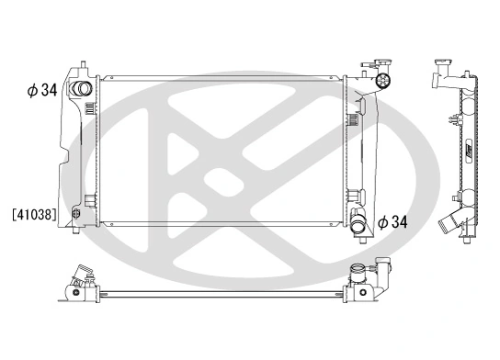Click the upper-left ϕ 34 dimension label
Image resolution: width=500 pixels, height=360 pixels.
tap(42, 90)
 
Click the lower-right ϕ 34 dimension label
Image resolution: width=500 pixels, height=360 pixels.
tap(391, 221)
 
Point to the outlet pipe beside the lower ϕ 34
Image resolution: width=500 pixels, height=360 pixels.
tap(360, 221)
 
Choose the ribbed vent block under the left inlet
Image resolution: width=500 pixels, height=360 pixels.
tap(89, 109)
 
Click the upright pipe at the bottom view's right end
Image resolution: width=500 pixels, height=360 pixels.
tap(355, 273)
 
